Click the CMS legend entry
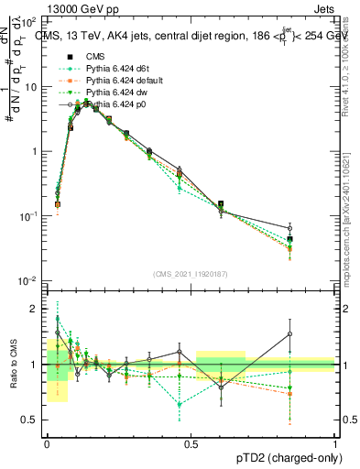coord(94,56)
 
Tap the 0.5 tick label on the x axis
coord(191,442)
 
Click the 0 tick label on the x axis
coord(47,442)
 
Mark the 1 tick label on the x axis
coord(334,442)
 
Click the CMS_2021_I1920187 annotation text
coord(191,273)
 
